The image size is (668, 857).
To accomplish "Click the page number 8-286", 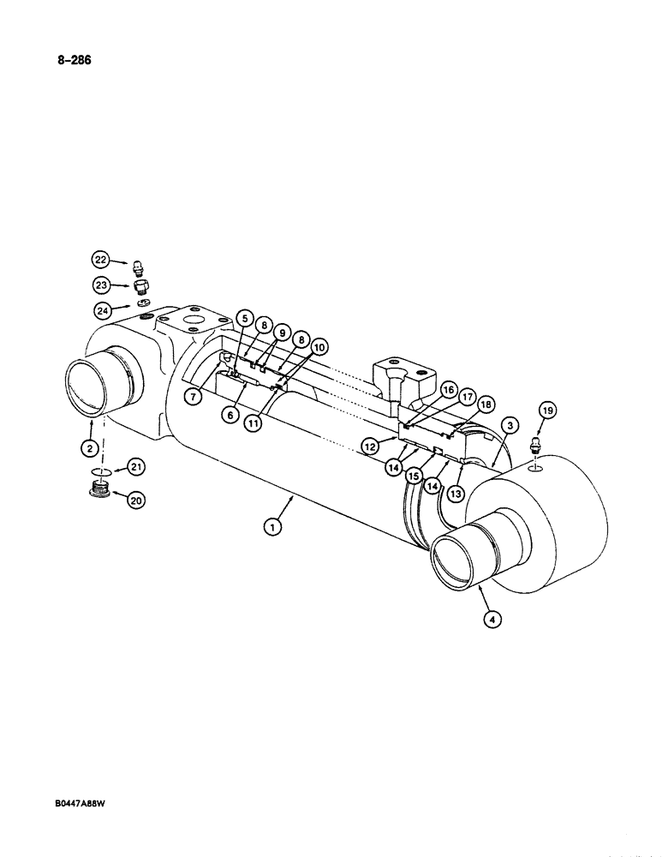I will point(75,60).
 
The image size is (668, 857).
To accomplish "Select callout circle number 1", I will point(272,528).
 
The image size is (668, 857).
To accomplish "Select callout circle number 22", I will point(102,260).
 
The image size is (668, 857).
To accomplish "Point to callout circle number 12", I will point(371,446).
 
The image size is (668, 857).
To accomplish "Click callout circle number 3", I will point(508,425).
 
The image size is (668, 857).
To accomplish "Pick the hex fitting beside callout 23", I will point(141,286).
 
